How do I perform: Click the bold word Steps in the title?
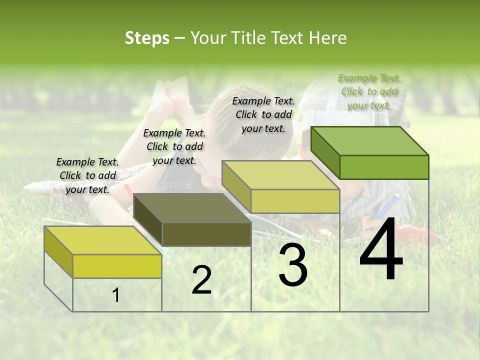(147, 38)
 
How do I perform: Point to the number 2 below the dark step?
(201, 280)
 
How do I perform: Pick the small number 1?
(115, 295)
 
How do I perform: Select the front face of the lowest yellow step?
(117, 266)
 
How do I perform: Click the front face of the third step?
(295, 201)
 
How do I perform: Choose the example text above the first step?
(87, 175)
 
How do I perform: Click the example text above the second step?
(174, 146)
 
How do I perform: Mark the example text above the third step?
(263, 114)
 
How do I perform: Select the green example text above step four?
(369, 91)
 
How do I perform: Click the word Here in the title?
(329, 38)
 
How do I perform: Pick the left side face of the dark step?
(148, 220)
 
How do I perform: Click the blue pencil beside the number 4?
(389, 204)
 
